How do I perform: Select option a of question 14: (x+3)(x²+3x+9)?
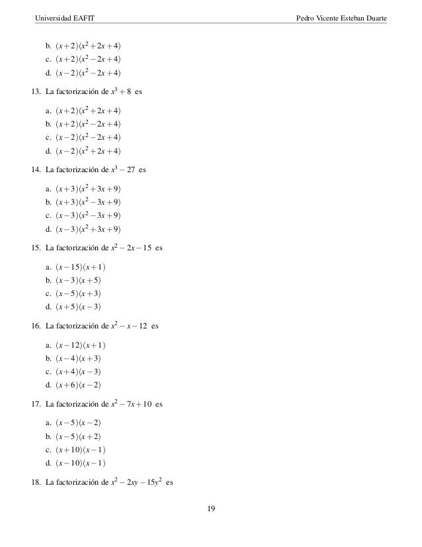click(x=89, y=189)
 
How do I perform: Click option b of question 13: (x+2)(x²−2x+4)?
click(x=89, y=124)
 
